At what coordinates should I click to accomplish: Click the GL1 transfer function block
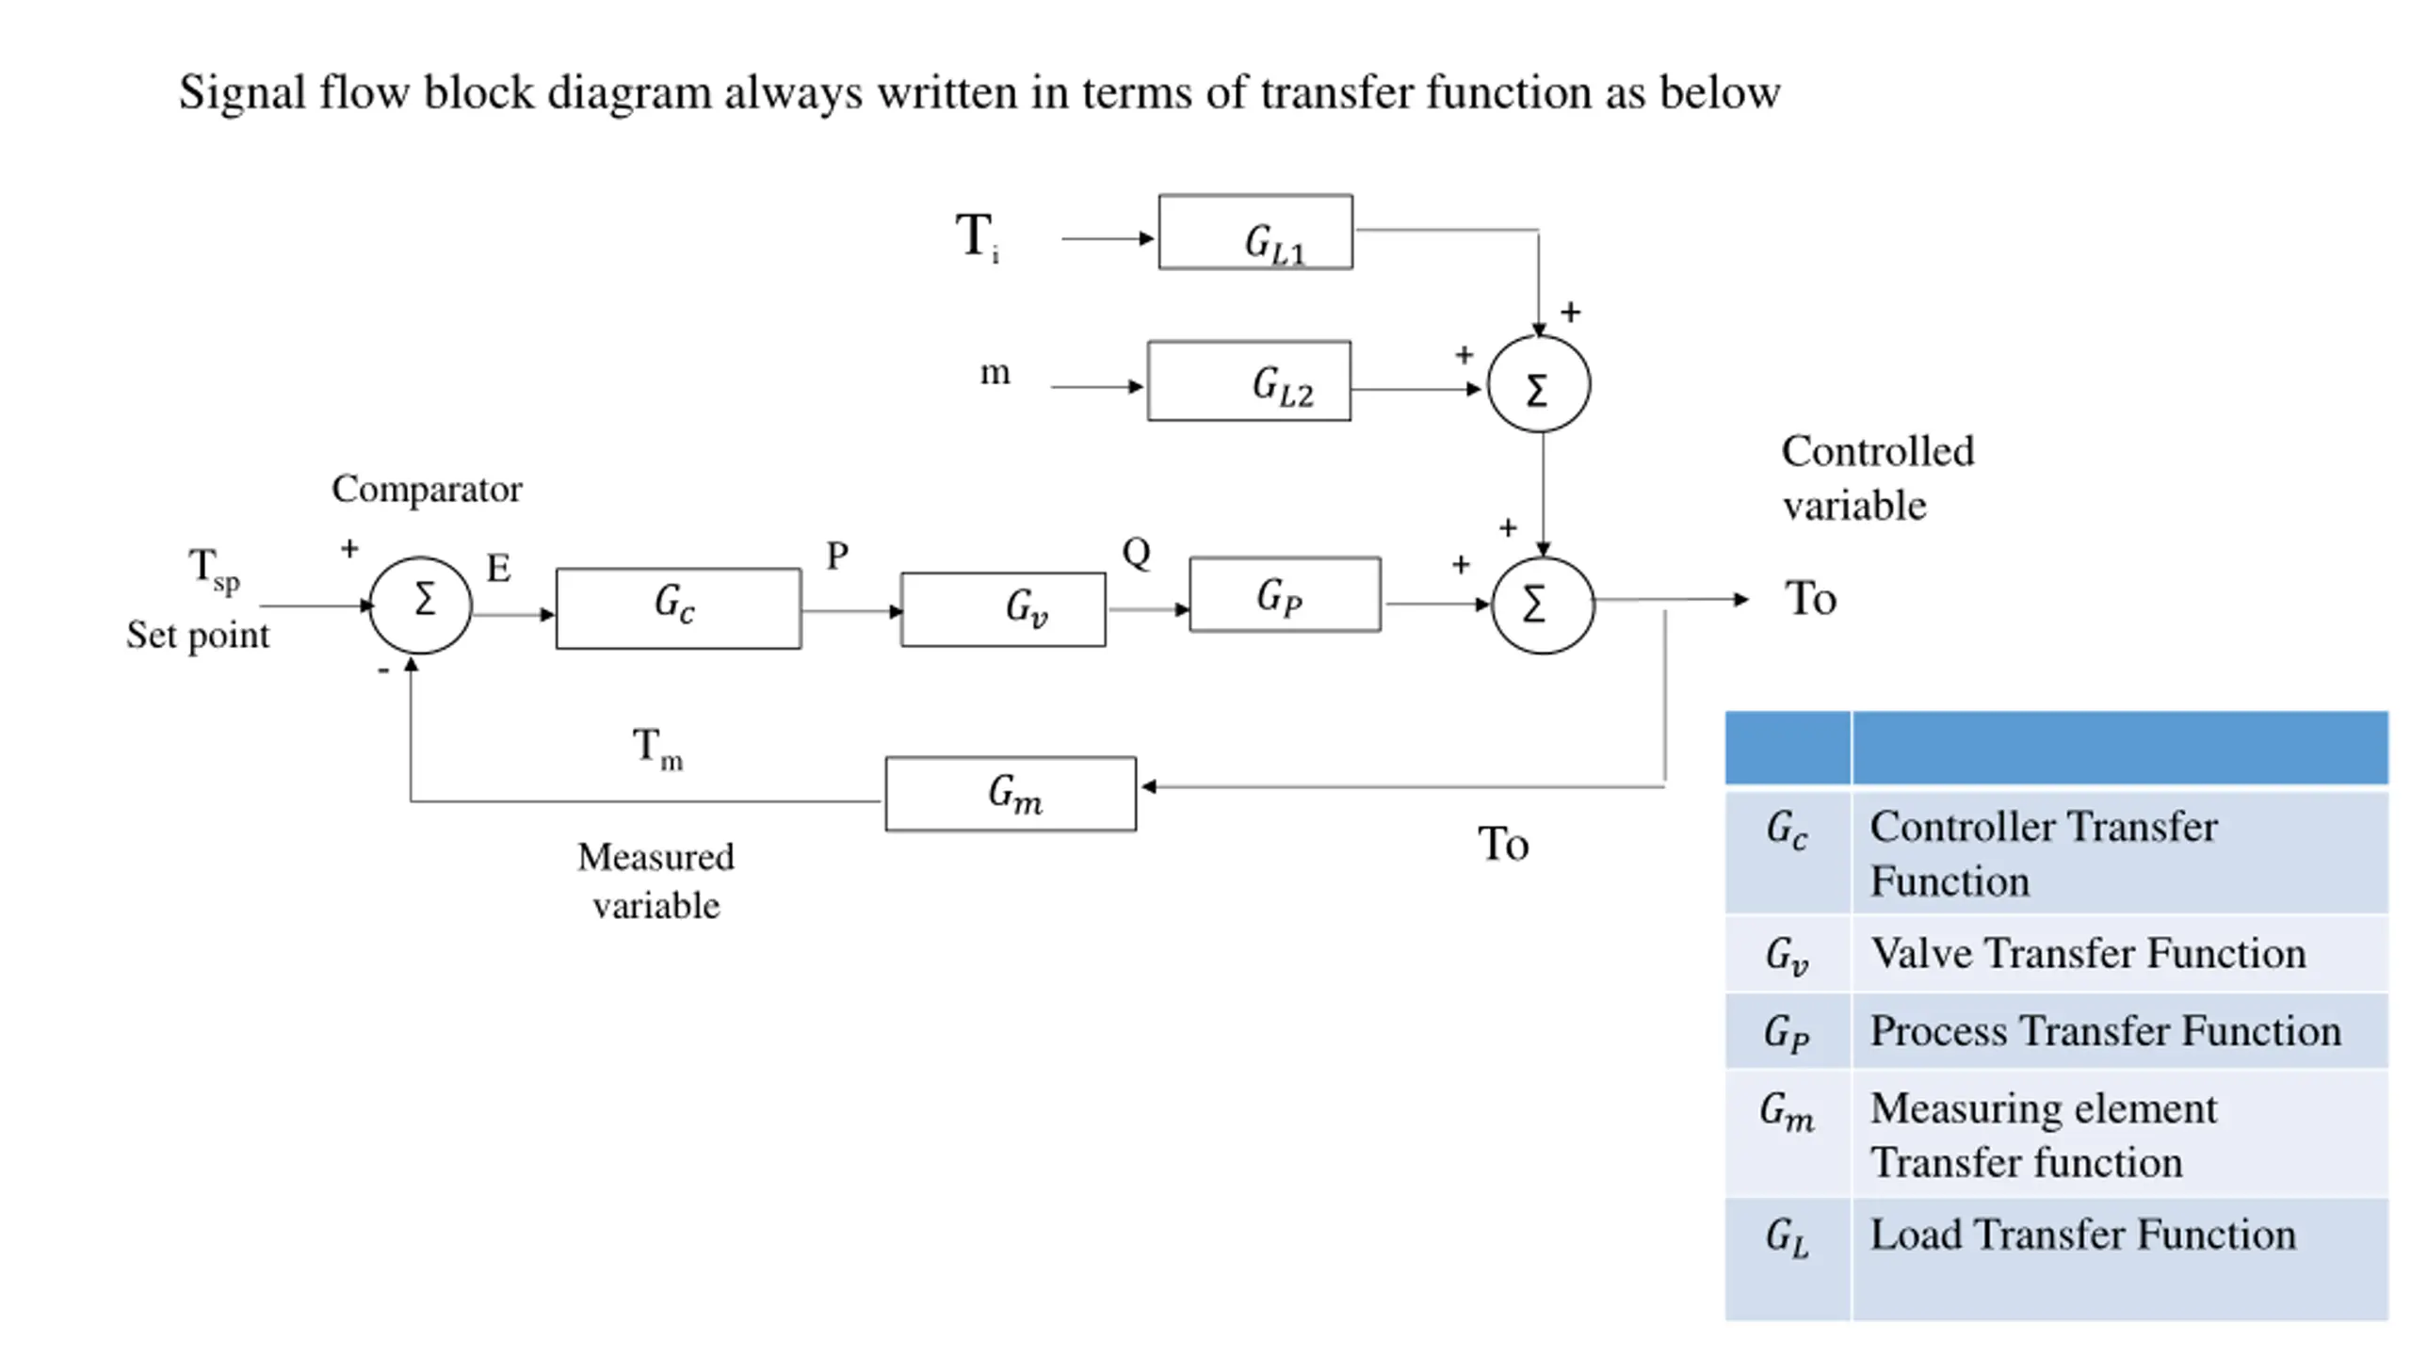[1255, 233]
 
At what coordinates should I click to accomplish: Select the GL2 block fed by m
[1249, 381]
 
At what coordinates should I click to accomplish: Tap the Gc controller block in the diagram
[678, 608]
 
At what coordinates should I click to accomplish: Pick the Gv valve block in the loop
[1003, 609]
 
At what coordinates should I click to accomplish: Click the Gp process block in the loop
[1285, 595]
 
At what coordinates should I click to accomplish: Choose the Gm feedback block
[1011, 794]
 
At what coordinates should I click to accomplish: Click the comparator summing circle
[420, 605]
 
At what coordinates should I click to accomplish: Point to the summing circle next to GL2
[1538, 384]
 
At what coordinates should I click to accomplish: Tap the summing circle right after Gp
[1543, 605]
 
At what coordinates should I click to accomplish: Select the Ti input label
[977, 236]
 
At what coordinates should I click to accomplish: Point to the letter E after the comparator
[498, 568]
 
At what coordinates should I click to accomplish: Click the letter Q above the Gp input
[1136, 553]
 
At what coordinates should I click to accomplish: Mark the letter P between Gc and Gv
[836, 556]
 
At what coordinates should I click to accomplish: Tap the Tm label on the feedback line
[656, 749]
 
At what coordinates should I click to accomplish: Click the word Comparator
[426, 489]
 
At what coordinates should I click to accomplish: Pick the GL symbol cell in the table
[1787, 1237]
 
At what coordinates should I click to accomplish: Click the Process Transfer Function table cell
[2105, 1031]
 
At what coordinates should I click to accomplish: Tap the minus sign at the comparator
[383, 670]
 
